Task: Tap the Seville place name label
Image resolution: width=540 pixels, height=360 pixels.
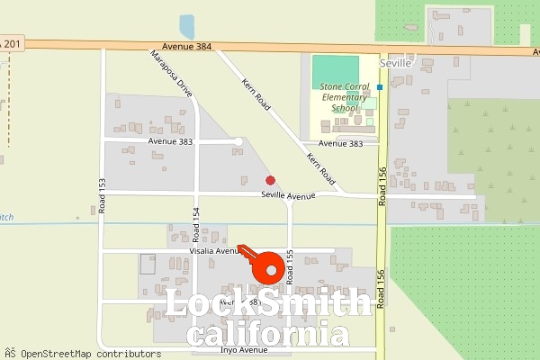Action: pos(395,65)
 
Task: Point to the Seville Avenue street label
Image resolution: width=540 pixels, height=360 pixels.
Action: pos(288,195)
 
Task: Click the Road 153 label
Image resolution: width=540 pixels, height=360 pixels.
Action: pos(102,195)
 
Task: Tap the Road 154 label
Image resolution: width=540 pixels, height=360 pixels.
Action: pos(195,225)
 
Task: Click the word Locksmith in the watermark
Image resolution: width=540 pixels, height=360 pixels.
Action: pos(267,304)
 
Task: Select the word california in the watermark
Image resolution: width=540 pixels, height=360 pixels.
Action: pos(267,336)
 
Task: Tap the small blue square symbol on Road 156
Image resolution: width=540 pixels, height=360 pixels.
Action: pos(380,87)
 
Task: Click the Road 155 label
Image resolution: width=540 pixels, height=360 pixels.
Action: pos(290,268)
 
